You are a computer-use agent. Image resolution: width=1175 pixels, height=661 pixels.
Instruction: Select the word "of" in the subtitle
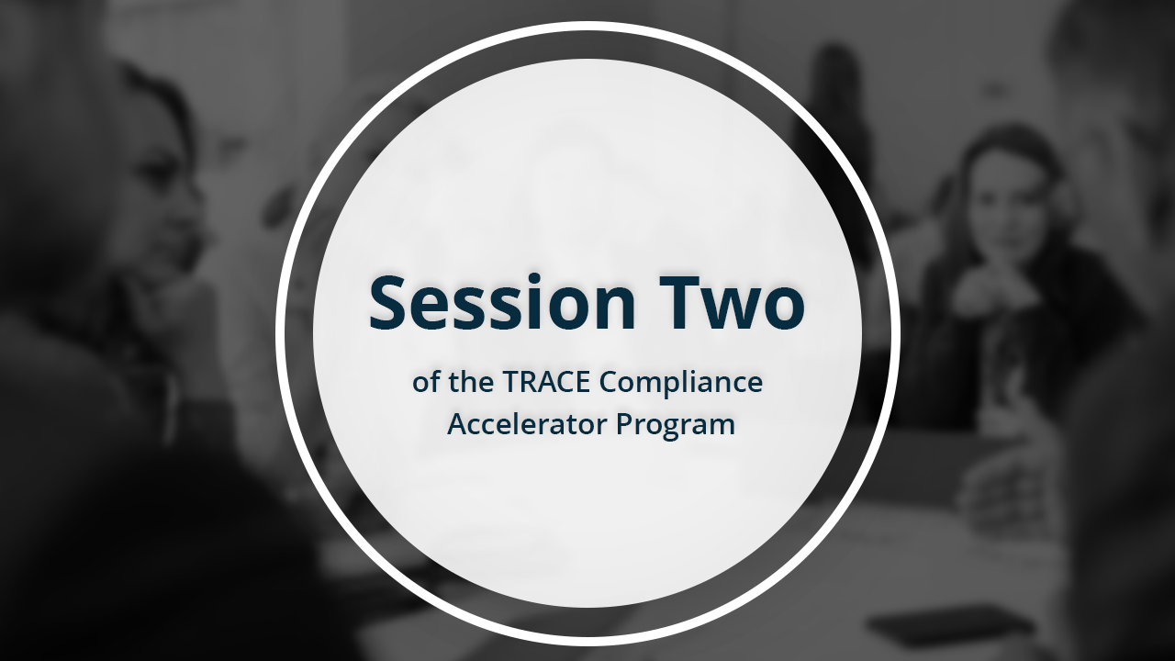(426, 382)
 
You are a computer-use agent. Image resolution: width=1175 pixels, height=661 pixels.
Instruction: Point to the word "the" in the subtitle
(472, 382)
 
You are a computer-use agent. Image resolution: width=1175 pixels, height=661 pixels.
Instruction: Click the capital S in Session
(390, 303)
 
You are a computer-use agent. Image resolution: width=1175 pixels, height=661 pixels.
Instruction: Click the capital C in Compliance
(611, 382)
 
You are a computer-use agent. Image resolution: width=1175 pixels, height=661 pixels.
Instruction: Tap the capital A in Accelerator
(457, 425)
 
